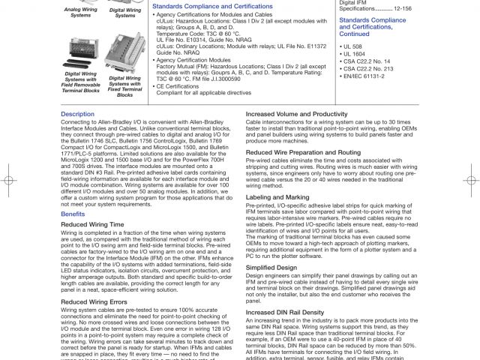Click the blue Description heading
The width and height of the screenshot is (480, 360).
[x=77, y=114]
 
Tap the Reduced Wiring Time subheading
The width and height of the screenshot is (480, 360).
[x=92, y=224]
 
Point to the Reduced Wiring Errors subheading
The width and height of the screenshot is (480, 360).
[x=95, y=302]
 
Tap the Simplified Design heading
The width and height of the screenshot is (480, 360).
[x=271, y=267]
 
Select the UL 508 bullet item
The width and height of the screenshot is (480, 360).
[x=353, y=48]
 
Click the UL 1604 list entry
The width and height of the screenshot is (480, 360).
[x=355, y=55]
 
